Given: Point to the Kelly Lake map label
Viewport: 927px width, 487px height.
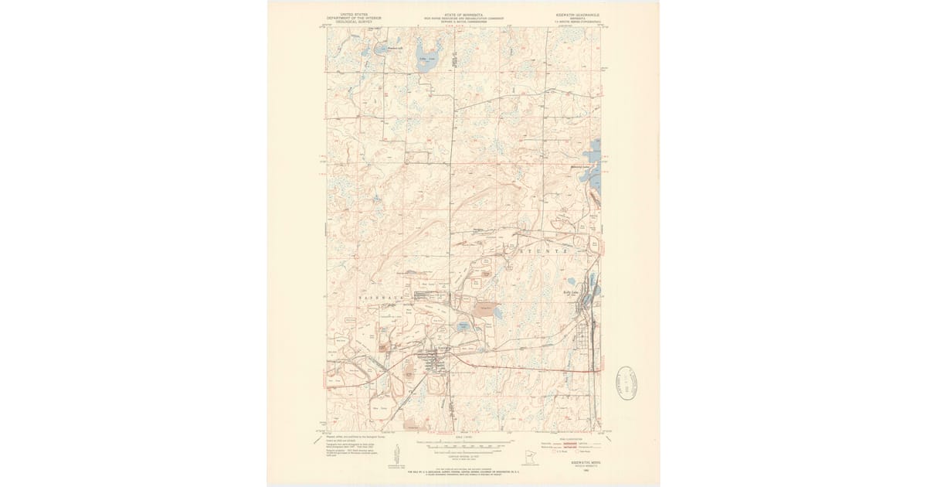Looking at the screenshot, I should (571, 292).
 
